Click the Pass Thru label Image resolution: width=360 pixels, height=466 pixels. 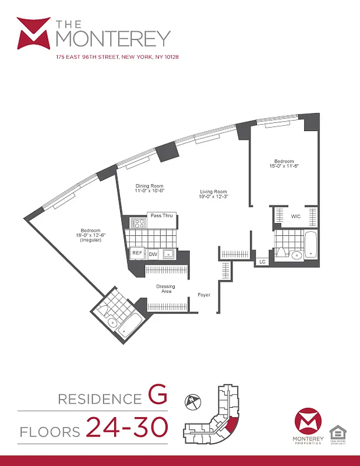pos(160,216)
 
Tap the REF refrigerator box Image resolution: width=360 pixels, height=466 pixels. pos(137,253)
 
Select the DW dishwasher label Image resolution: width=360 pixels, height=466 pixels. pos(153,254)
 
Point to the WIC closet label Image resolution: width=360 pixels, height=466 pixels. pos(296,216)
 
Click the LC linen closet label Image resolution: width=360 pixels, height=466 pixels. pos(263,262)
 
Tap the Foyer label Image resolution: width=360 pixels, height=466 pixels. pos(204,295)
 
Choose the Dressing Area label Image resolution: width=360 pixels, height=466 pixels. pos(165,290)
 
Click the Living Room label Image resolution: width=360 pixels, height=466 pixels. pos(213,195)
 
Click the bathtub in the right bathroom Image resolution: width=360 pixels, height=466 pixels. pos(311,245)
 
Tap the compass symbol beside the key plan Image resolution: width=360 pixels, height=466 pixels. pos(193,402)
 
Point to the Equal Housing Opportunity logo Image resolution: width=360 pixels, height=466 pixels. pos(336,433)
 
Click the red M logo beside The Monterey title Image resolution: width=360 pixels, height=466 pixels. pos(33,33)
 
